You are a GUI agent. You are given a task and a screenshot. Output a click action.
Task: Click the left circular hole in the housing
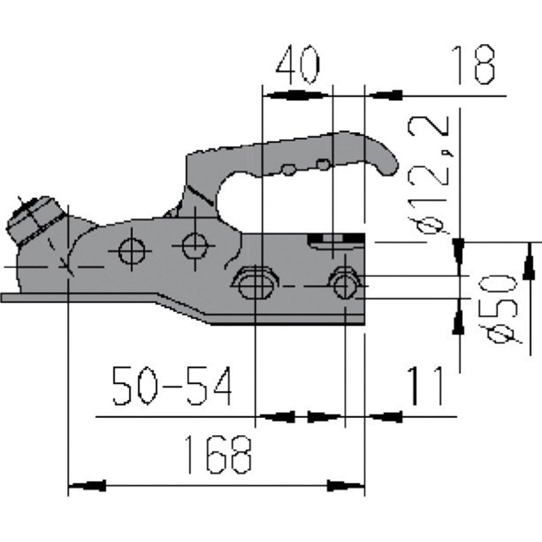tap(131, 251)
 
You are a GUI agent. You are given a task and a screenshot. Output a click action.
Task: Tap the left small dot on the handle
tap(289, 170)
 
